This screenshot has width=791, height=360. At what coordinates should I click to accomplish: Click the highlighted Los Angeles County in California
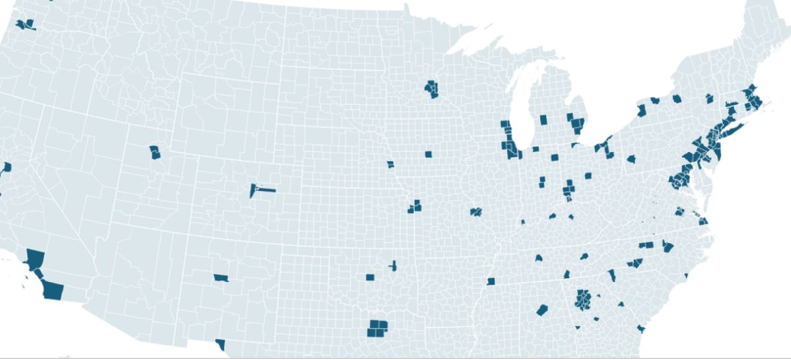34,258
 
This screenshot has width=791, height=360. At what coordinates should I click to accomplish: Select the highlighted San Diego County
52,290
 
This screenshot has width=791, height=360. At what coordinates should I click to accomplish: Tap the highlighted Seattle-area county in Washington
27,26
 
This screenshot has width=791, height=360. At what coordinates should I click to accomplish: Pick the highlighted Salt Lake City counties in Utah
155,152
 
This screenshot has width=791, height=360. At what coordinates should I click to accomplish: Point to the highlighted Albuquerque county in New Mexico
221,277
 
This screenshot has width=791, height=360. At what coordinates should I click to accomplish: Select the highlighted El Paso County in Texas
221,344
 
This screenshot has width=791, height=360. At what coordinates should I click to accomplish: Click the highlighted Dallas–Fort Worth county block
378,328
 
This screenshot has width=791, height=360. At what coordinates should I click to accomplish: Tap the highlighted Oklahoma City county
370,277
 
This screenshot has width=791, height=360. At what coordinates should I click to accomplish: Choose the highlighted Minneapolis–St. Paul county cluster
432,88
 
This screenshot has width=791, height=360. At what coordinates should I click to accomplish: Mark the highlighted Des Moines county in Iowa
429,155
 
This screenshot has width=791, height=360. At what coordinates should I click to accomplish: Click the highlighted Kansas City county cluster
415,207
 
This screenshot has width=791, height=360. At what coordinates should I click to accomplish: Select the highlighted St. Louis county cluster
476,212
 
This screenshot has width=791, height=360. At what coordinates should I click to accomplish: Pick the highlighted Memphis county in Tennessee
491,281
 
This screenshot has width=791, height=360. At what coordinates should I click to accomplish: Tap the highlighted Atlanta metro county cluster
583,299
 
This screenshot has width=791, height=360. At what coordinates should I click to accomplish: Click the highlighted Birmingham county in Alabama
543,309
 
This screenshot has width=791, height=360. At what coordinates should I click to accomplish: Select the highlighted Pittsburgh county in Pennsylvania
631,161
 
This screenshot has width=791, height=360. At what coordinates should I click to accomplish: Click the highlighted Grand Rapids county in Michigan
543,120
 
